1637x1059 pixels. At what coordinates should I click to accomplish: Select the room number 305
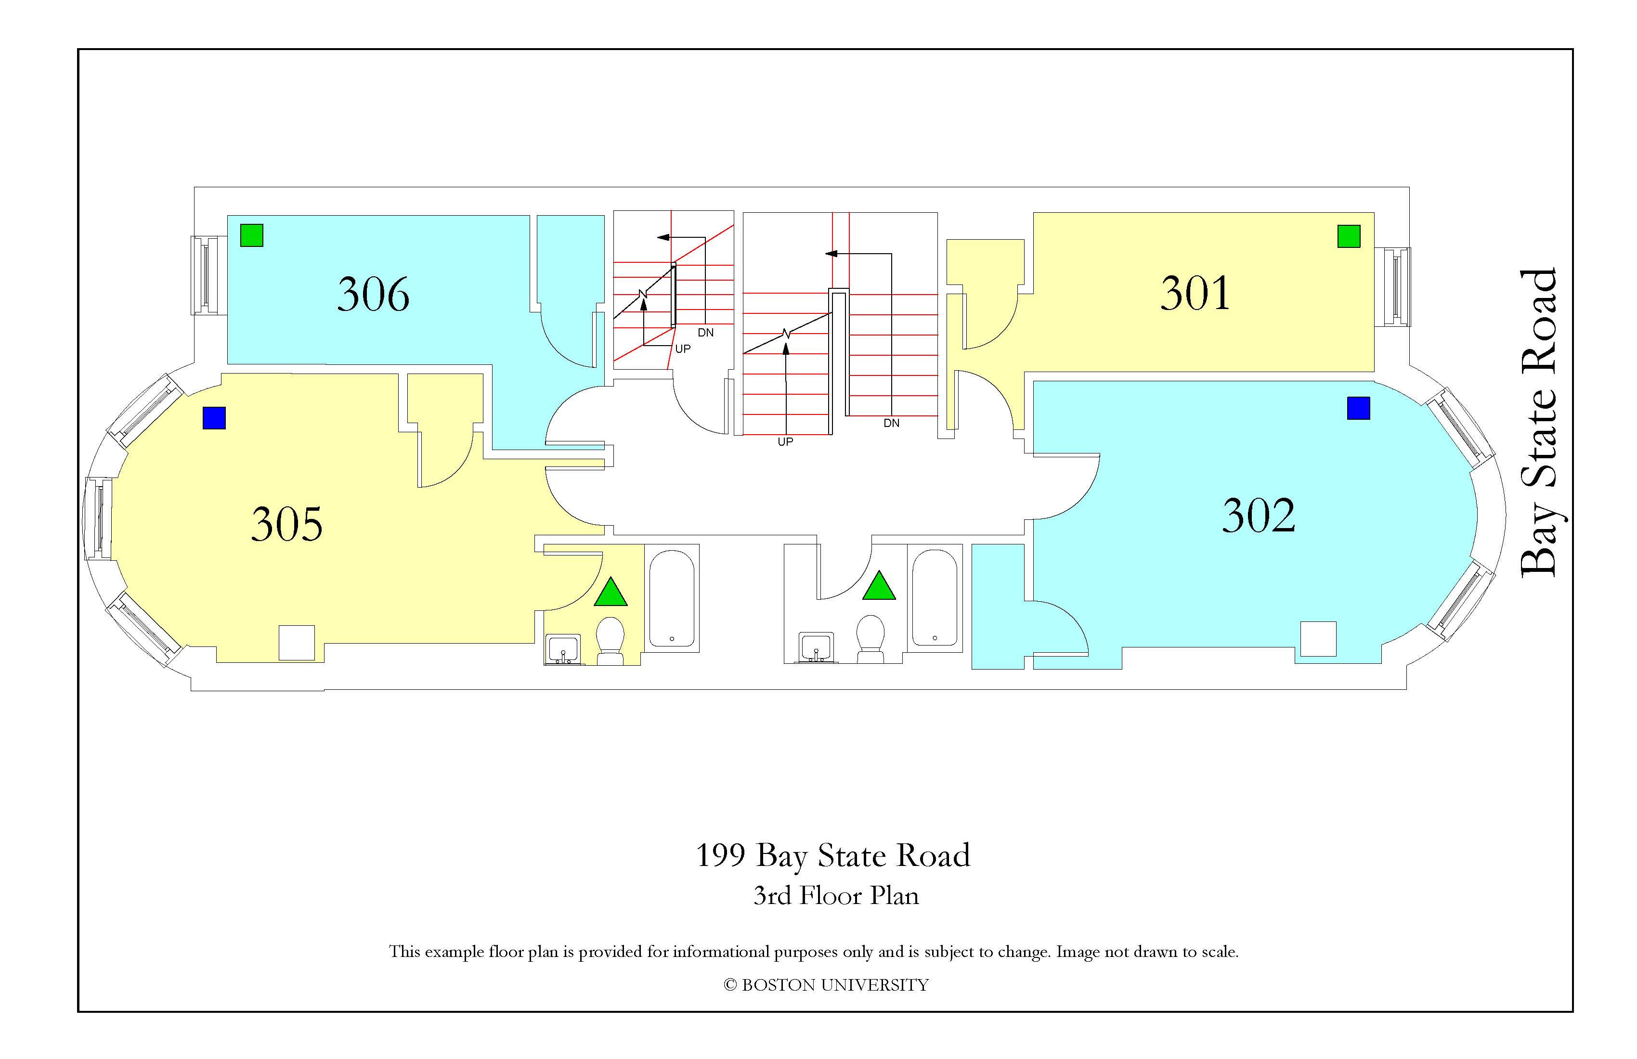[x=287, y=524]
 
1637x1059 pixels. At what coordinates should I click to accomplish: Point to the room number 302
[x=1258, y=515]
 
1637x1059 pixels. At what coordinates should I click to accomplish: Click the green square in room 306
[x=252, y=235]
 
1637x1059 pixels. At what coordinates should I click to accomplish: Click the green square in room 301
[x=1349, y=236]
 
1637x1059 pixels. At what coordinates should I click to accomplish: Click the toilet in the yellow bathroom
[x=610, y=640]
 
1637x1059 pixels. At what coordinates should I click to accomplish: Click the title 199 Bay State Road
[x=833, y=856]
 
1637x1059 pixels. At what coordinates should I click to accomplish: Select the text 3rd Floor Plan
[x=836, y=895]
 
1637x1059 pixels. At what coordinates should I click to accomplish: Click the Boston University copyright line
[x=826, y=985]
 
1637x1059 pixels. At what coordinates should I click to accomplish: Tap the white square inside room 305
[x=297, y=643]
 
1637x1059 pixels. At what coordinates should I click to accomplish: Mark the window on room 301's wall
[x=1396, y=287]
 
